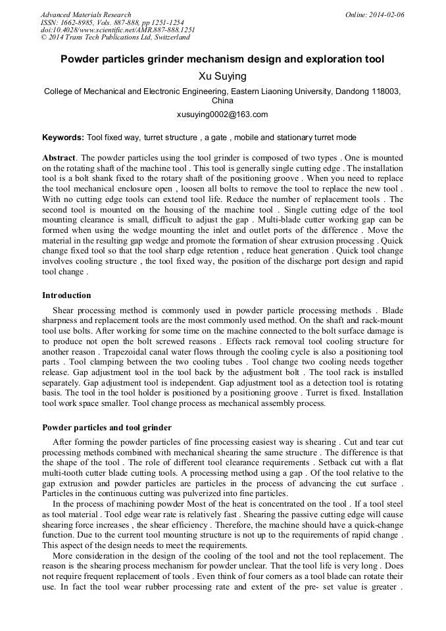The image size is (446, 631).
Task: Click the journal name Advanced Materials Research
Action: [x=86, y=14]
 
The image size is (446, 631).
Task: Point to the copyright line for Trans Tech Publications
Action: [x=114, y=38]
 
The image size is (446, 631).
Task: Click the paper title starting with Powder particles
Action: [x=222, y=59]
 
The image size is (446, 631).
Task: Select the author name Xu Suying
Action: [x=222, y=76]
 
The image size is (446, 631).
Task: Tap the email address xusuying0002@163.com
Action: [x=222, y=114]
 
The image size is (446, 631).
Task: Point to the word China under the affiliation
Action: [x=222, y=101]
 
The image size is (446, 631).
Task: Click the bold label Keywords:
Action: [x=63, y=138]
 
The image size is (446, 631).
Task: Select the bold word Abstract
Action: [x=59, y=159]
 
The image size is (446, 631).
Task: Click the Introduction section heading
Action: [x=66, y=295]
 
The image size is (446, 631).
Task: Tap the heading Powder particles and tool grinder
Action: [x=107, y=428]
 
